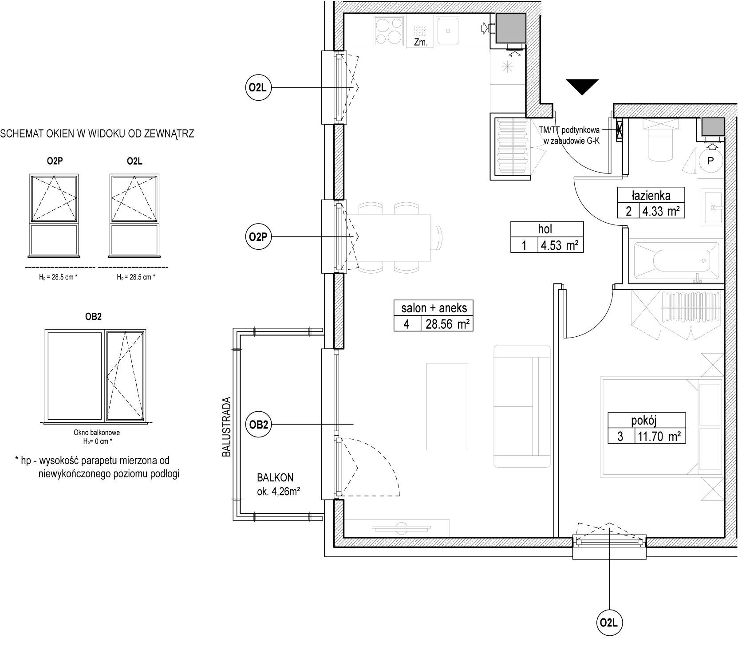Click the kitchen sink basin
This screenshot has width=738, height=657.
point(449,31)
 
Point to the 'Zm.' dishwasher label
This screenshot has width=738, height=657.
point(420,43)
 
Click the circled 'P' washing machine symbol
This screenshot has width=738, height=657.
point(710,161)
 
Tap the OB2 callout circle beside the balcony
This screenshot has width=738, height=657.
point(258,425)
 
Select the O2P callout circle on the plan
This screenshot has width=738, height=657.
point(258,237)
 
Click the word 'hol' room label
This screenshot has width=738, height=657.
point(545,229)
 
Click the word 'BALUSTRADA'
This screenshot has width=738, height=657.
point(227,427)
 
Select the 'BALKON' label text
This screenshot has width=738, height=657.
point(275,478)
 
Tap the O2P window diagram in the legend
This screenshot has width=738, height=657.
point(54,215)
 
